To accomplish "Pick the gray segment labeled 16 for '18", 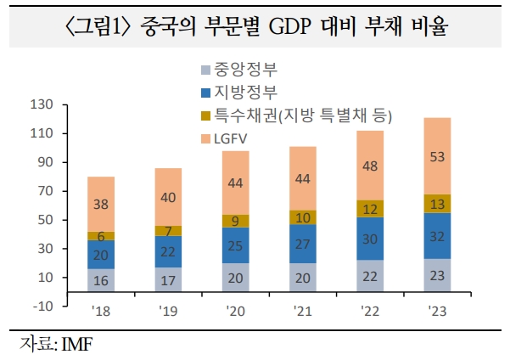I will tap(101, 280).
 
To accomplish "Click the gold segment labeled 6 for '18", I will tap(101, 236).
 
